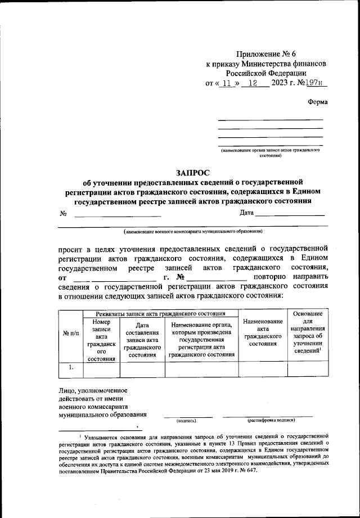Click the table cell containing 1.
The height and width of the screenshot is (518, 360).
70,367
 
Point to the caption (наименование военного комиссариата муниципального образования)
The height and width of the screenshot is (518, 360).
193,231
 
